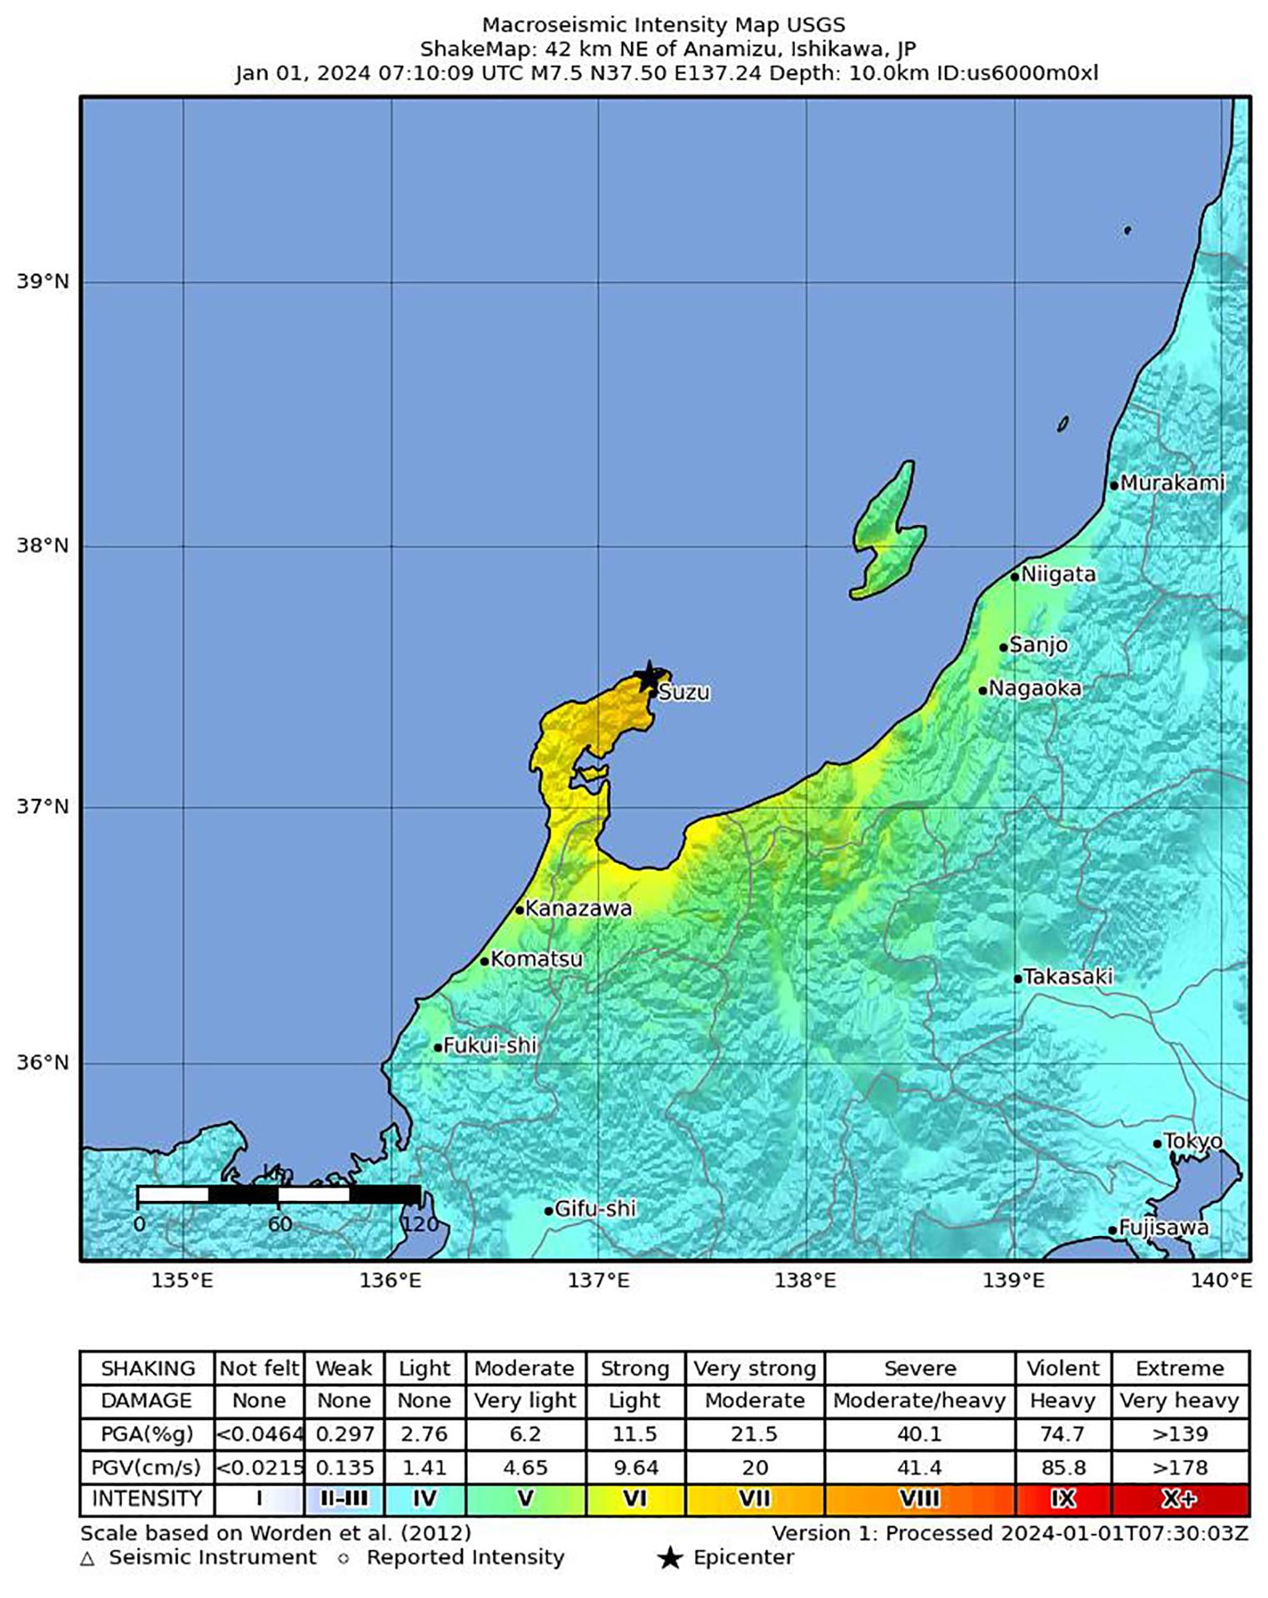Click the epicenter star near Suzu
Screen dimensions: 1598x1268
(648, 677)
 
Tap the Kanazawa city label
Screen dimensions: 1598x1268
(579, 909)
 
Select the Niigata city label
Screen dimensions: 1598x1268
(1058, 574)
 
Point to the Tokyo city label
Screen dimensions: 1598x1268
(1192, 1141)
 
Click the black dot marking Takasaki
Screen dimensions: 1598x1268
(1017, 979)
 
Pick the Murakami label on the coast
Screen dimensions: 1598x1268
(1172, 483)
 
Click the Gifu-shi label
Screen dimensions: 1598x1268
(594, 1208)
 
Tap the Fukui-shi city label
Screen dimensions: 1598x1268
(490, 1045)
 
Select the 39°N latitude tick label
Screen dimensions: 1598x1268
(42, 281)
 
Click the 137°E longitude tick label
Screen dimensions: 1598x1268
(599, 1281)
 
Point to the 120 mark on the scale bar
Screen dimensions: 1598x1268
(420, 1224)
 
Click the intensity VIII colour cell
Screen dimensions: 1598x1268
(919, 1499)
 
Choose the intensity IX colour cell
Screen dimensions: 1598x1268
(1062, 1499)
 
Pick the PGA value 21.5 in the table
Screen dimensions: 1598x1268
(754, 1434)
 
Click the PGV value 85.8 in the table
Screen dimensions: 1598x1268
(1062, 1467)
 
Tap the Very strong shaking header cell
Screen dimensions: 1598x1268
(754, 1369)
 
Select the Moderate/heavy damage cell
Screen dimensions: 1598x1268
(919, 1402)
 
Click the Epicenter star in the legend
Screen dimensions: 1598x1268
(669, 1558)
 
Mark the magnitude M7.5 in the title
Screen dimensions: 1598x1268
(555, 73)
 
